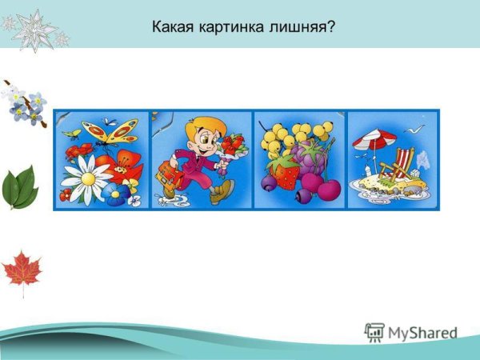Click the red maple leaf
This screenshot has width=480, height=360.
pos(22,270)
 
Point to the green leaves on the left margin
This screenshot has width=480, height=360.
pos(20,186)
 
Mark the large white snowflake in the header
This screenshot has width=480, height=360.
pos(34,29)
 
